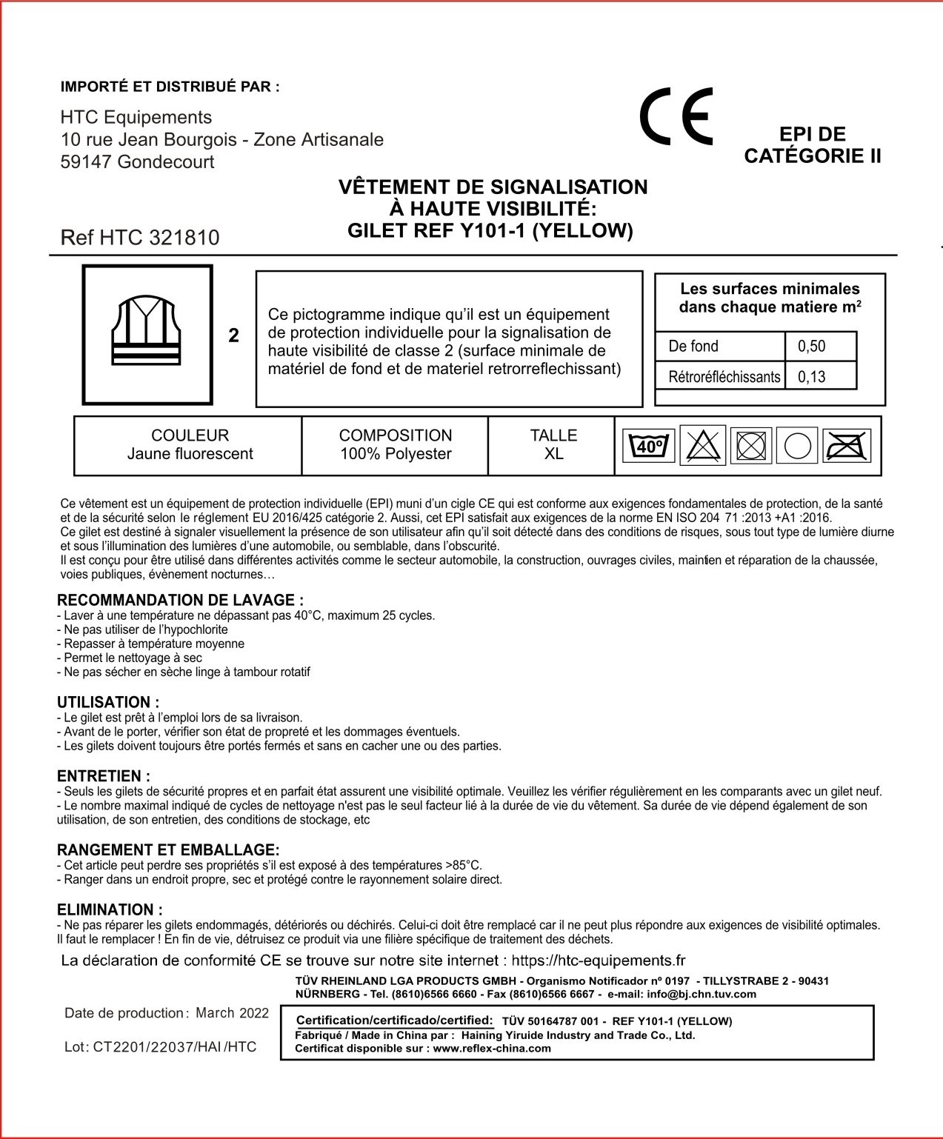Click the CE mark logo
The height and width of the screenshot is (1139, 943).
click(x=676, y=116)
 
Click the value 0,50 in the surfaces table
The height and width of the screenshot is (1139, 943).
click(x=812, y=347)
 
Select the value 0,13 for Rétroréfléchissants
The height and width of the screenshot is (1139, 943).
click(x=812, y=377)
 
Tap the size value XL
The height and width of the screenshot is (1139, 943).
click(x=553, y=454)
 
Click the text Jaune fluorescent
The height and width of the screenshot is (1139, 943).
click(x=190, y=454)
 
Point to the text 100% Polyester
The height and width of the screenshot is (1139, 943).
click(x=396, y=454)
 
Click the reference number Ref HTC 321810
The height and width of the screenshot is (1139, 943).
click(x=140, y=238)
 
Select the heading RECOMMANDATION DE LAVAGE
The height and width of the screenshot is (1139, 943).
click(x=180, y=601)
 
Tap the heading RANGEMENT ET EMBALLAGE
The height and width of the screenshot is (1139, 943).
click(x=168, y=850)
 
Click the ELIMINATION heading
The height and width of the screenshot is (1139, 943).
click(x=110, y=909)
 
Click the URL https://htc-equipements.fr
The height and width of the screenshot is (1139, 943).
click(x=598, y=961)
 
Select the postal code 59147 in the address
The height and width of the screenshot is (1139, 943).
click(x=86, y=162)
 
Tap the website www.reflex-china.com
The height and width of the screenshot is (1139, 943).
click(x=492, y=1048)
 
